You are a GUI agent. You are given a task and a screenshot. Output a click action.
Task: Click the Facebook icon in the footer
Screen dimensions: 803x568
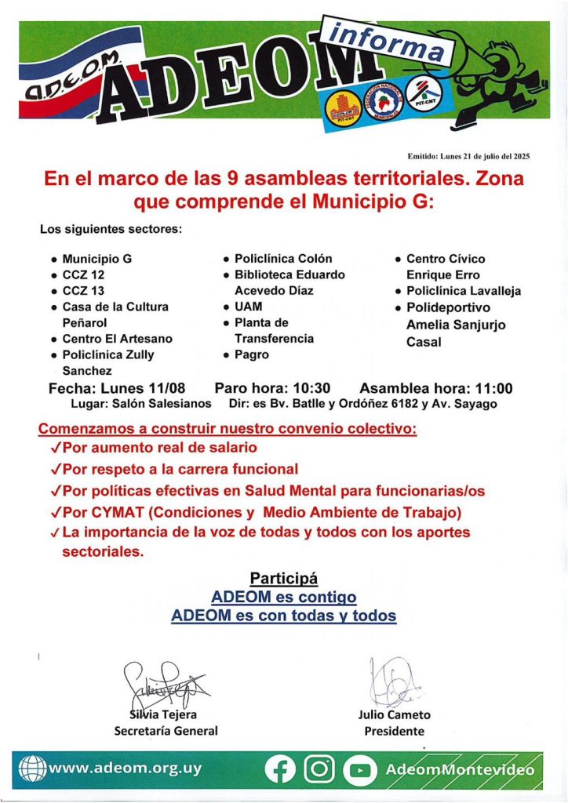click(x=280, y=769)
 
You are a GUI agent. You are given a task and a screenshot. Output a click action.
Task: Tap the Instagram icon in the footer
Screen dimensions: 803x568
click(x=319, y=769)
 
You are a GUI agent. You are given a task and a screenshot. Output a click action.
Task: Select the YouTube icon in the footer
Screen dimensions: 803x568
click(x=359, y=769)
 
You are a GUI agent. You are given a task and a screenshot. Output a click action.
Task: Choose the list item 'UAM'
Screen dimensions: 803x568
click(x=248, y=307)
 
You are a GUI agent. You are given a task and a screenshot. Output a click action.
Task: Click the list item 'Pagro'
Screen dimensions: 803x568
click(x=251, y=354)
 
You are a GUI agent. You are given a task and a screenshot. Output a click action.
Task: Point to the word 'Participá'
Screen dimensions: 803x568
click(x=283, y=579)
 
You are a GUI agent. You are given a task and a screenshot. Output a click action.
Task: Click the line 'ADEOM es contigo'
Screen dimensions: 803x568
click(x=283, y=598)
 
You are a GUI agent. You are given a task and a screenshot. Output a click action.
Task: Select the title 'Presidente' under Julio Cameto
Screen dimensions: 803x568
click(x=394, y=731)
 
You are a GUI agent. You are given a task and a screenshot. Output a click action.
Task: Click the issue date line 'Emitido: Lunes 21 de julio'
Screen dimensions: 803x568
click(x=468, y=157)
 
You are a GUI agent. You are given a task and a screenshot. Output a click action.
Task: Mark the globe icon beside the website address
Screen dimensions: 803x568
click(x=32, y=768)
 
